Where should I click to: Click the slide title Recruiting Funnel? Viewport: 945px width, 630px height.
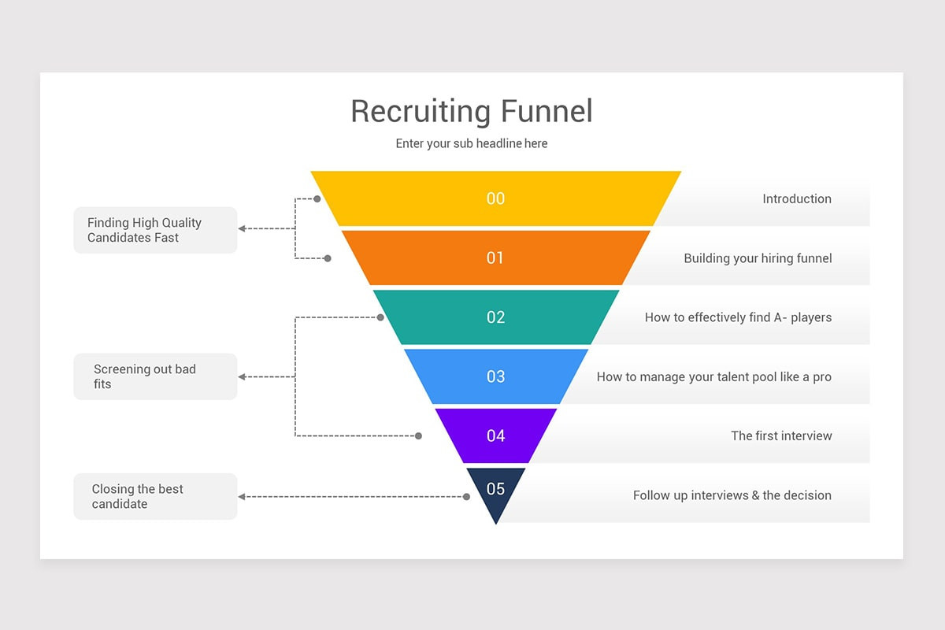click(x=471, y=111)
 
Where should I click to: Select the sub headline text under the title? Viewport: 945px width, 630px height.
click(x=471, y=143)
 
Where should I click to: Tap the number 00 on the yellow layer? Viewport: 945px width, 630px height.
click(x=495, y=198)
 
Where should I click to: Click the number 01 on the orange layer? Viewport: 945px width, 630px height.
click(x=495, y=258)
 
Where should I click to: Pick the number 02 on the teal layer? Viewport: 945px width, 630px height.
click(x=495, y=317)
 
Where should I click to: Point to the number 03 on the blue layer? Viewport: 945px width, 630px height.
click(x=495, y=376)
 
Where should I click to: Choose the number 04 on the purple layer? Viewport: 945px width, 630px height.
click(x=495, y=435)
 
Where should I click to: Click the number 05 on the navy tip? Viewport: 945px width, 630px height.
click(x=495, y=489)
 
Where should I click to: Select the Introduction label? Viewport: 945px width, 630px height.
click(x=796, y=198)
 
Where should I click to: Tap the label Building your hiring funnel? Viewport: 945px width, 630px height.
click(x=757, y=258)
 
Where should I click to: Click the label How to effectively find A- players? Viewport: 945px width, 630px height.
click(x=738, y=317)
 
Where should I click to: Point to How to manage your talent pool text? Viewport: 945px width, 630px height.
click(x=713, y=376)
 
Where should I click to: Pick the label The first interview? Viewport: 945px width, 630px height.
click(x=780, y=435)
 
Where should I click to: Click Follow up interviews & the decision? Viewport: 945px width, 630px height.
click(x=732, y=495)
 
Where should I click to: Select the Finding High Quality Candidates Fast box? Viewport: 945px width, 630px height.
click(x=155, y=230)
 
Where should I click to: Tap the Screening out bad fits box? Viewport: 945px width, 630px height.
click(x=155, y=376)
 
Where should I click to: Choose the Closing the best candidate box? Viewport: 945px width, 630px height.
click(x=155, y=496)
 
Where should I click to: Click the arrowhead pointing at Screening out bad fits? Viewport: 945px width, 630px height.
click(x=242, y=377)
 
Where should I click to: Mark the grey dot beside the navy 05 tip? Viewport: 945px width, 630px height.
click(x=466, y=497)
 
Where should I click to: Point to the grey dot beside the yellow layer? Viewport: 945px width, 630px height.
click(x=317, y=199)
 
